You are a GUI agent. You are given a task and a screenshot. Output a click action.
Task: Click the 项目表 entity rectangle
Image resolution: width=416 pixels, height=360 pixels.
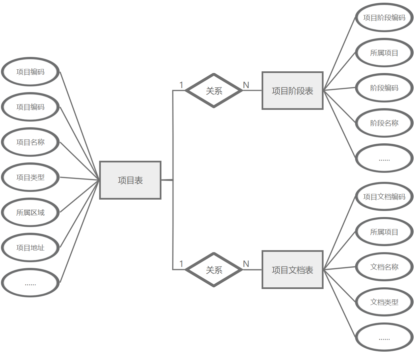point(130,180)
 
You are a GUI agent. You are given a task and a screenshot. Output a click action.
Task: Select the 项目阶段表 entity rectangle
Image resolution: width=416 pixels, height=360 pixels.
point(292,90)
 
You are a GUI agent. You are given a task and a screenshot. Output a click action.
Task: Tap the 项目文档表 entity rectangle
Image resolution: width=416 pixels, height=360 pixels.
point(292,270)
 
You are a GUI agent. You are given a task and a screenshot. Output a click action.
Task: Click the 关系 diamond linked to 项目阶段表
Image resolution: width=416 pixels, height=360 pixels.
point(214,90)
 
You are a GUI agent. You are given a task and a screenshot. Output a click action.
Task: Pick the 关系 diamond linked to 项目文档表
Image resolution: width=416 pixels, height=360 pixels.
point(214,270)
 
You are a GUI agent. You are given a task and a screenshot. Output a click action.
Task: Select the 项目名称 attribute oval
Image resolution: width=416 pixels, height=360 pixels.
point(30,142)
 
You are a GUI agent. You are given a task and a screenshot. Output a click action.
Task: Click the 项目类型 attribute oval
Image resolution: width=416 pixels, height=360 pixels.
point(30,177)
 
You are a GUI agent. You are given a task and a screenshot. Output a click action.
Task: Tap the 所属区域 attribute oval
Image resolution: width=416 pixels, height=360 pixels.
point(30,212)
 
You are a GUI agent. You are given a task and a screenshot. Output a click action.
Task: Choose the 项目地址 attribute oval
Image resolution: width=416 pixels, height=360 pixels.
point(30,247)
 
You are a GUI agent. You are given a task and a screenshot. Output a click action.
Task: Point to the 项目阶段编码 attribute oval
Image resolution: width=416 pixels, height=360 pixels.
point(384,17)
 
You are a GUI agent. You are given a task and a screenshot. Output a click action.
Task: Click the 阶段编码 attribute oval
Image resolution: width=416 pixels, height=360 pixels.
point(384,88)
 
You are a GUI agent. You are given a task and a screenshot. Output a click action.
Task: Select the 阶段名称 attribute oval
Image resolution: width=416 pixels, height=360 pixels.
point(384,123)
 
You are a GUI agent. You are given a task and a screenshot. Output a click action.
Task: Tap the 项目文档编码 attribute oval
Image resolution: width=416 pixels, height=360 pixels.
point(384,197)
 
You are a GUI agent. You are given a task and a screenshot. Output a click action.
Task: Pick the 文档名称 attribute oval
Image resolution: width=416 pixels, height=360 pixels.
point(384,267)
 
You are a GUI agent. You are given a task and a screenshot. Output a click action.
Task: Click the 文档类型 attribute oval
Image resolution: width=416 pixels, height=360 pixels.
point(384,302)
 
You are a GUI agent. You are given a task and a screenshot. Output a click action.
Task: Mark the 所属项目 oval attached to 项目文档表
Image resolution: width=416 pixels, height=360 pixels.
point(384,232)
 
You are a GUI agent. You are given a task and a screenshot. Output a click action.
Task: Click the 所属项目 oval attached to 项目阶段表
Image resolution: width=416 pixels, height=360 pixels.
point(384,53)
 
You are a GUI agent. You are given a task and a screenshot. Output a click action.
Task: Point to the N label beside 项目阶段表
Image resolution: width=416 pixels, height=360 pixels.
point(246,85)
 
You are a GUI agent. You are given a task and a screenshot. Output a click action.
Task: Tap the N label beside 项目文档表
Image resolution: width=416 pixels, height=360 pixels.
point(246,264)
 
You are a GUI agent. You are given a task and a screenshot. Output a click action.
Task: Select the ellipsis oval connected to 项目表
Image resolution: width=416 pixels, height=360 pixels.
point(30,283)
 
